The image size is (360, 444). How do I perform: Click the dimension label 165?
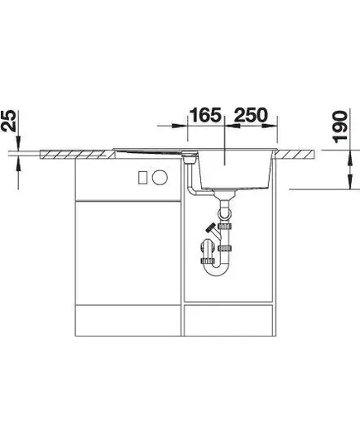(x=205, y=115)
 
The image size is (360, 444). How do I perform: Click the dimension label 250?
(x=251, y=115)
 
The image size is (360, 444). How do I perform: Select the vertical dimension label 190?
(x=339, y=127)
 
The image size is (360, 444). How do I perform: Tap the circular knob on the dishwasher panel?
(x=160, y=178)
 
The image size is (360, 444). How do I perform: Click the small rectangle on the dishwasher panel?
(x=142, y=178)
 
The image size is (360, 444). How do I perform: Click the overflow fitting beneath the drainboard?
(x=190, y=157)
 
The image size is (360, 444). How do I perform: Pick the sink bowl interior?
(x=236, y=169)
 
